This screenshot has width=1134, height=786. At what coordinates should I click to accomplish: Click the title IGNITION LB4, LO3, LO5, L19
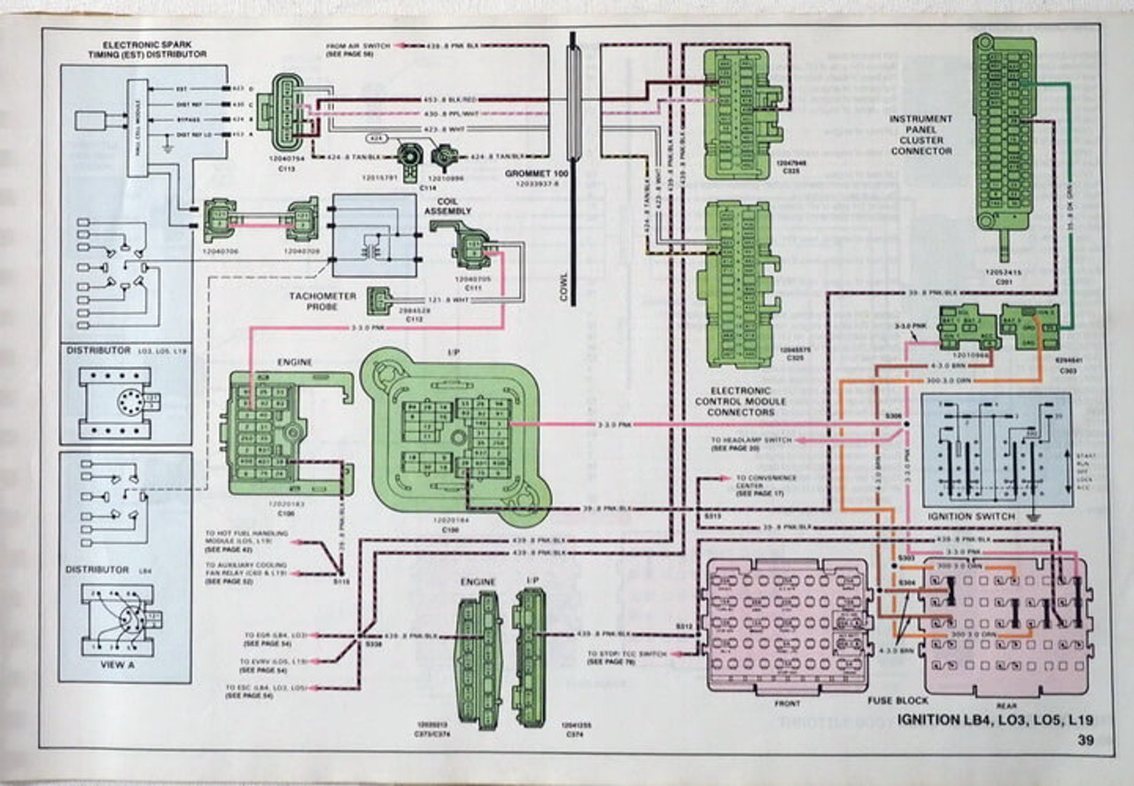pos(995,720)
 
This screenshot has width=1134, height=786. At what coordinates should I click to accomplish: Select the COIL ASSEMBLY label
pos(447,206)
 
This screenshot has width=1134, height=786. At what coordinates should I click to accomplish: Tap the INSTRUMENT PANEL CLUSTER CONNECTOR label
pos(922,135)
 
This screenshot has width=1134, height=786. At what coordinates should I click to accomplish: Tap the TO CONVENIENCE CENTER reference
pos(765,482)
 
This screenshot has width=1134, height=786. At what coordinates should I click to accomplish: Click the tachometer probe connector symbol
pos(379,299)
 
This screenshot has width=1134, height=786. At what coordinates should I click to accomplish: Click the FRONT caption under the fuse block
pos(786,704)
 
